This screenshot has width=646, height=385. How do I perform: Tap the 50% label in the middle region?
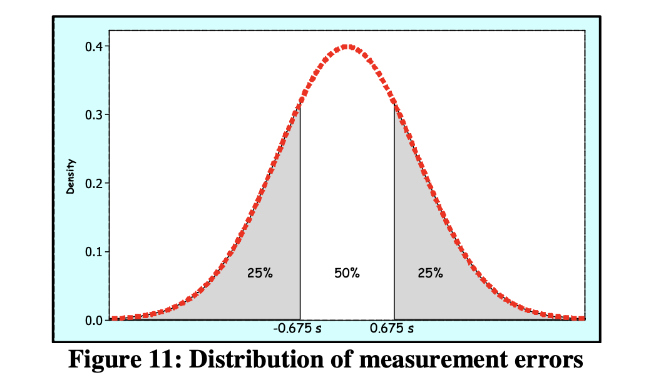pyautogui.click(x=347, y=272)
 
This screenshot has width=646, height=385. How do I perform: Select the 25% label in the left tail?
pyautogui.click(x=260, y=272)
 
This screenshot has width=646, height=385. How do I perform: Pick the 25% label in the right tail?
pyautogui.click(x=430, y=272)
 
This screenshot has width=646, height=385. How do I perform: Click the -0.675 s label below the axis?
pyautogui.click(x=297, y=328)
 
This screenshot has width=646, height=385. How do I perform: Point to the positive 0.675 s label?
pyautogui.click(x=392, y=328)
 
